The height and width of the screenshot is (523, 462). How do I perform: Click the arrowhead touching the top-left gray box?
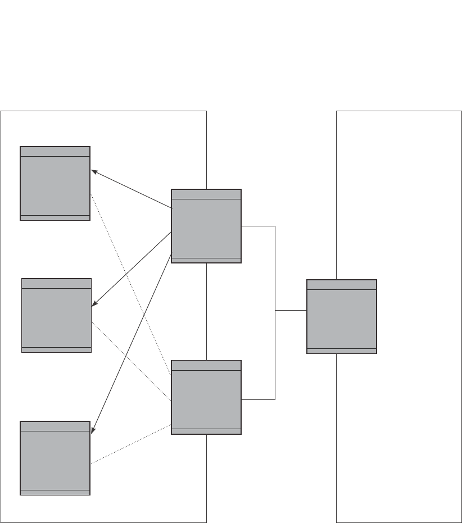[94, 171]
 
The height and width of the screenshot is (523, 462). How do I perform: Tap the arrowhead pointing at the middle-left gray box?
[94, 303]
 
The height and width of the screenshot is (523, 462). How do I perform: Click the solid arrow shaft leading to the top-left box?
[132, 189]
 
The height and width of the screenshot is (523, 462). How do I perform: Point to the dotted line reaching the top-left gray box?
[130, 284]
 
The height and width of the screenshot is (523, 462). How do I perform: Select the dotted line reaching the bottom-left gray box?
[130, 444]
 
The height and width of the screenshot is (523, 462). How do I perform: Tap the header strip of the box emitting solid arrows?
[206, 194]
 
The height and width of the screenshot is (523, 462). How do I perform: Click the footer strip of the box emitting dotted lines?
[206, 431]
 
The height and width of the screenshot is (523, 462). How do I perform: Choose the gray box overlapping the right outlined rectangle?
[341, 316]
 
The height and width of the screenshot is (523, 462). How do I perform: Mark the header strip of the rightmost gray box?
[341, 285]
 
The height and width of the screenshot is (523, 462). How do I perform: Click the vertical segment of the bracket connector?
[275, 270]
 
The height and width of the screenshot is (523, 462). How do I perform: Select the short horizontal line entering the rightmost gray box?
[291, 310]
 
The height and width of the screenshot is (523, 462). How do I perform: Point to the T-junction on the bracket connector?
[275, 310]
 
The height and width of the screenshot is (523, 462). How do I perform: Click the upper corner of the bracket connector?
[275, 226]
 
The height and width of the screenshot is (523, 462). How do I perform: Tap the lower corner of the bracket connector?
[275, 399]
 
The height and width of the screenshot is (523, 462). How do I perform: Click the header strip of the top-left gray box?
[55, 152]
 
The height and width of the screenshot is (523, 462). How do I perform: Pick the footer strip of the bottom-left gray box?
[55, 492]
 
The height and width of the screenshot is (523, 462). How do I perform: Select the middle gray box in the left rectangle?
[56, 315]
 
